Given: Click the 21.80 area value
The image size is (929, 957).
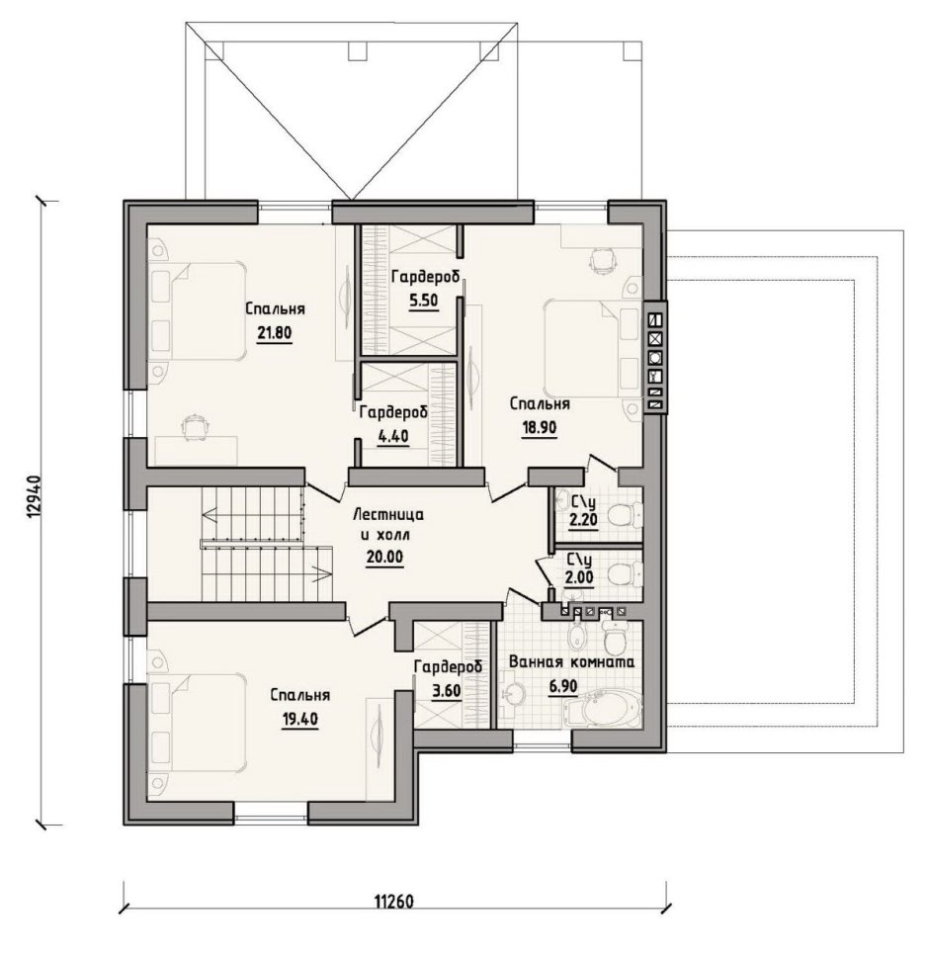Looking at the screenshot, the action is tap(275, 333).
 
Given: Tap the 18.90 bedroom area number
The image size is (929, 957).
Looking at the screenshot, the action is tap(540, 428).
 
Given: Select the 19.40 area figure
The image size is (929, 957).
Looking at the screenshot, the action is tap(300, 720).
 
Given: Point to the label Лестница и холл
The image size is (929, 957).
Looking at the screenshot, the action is tap(388, 525).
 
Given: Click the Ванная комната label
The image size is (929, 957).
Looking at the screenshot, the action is tap(571, 662).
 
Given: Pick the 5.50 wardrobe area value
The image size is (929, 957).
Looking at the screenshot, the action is tap(424, 302).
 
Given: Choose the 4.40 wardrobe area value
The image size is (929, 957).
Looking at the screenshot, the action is tap(392, 437).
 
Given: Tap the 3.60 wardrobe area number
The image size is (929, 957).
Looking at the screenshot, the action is tap(447, 691).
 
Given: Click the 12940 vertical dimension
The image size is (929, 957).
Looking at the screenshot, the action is tap(35, 497).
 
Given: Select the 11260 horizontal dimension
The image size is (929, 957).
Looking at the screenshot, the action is tap(393, 902).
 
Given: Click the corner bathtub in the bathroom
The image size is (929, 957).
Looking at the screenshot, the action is tap(604, 708).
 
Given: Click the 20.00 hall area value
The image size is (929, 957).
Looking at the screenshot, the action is tap(384, 558).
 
